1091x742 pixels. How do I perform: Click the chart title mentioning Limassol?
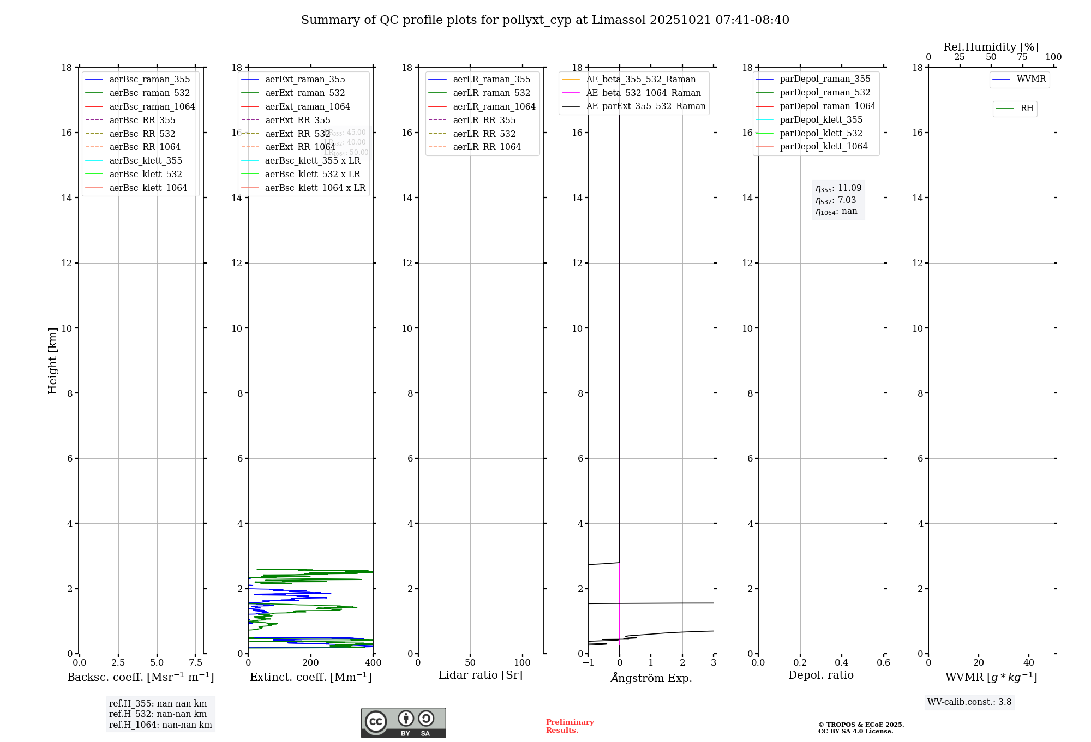(x=545, y=20)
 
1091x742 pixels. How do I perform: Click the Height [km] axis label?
(x=52, y=361)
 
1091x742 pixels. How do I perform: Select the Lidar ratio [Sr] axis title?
(x=481, y=675)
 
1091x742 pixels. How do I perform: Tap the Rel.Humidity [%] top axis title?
(x=991, y=47)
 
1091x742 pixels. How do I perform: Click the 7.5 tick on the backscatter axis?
(x=196, y=663)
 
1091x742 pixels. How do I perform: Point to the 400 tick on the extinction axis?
(x=373, y=663)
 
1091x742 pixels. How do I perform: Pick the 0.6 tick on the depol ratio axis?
(x=883, y=663)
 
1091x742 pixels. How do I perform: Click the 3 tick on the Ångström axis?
(x=714, y=663)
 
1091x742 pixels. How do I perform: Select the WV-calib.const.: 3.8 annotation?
(x=969, y=702)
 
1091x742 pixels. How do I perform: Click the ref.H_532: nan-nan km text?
(x=158, y=714)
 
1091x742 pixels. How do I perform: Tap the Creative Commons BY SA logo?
(x=403, y=722)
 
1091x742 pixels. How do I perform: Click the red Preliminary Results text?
(x=570, y=726)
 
